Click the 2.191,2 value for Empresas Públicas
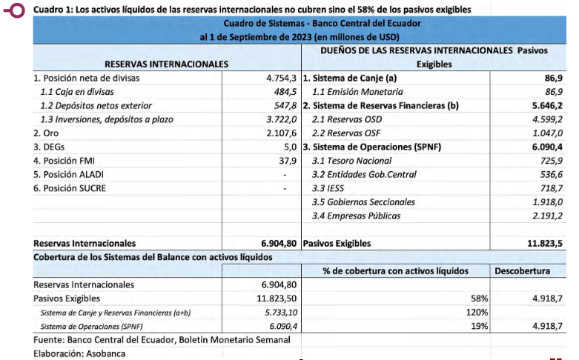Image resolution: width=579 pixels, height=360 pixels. pos(543,216)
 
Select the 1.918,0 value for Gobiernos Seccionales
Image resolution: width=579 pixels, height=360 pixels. pos(543,201)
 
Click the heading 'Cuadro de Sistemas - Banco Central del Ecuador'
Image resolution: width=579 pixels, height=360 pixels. pos(301,24)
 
